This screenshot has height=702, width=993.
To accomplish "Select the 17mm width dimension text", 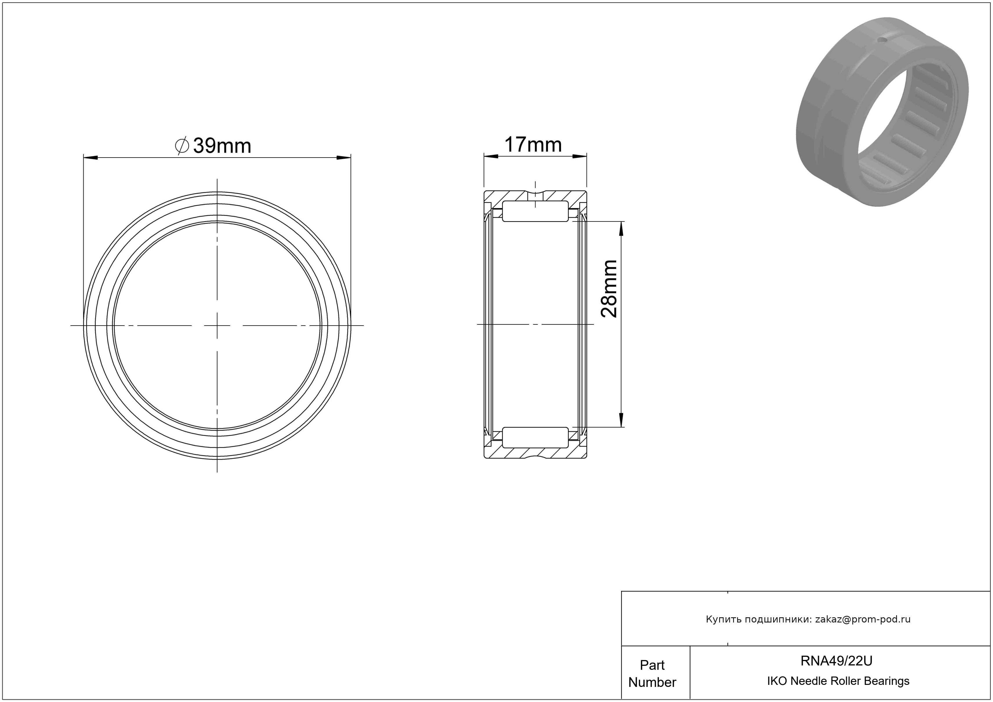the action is (x=533, y=145).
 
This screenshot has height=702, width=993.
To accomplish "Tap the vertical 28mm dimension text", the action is (x=609, y=289).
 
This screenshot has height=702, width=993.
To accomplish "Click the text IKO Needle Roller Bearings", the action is (x=838, y=681).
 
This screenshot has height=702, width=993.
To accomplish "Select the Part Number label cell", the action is (x=652, y=673).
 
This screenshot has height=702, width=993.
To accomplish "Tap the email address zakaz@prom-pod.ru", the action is (x=863, y=619).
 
